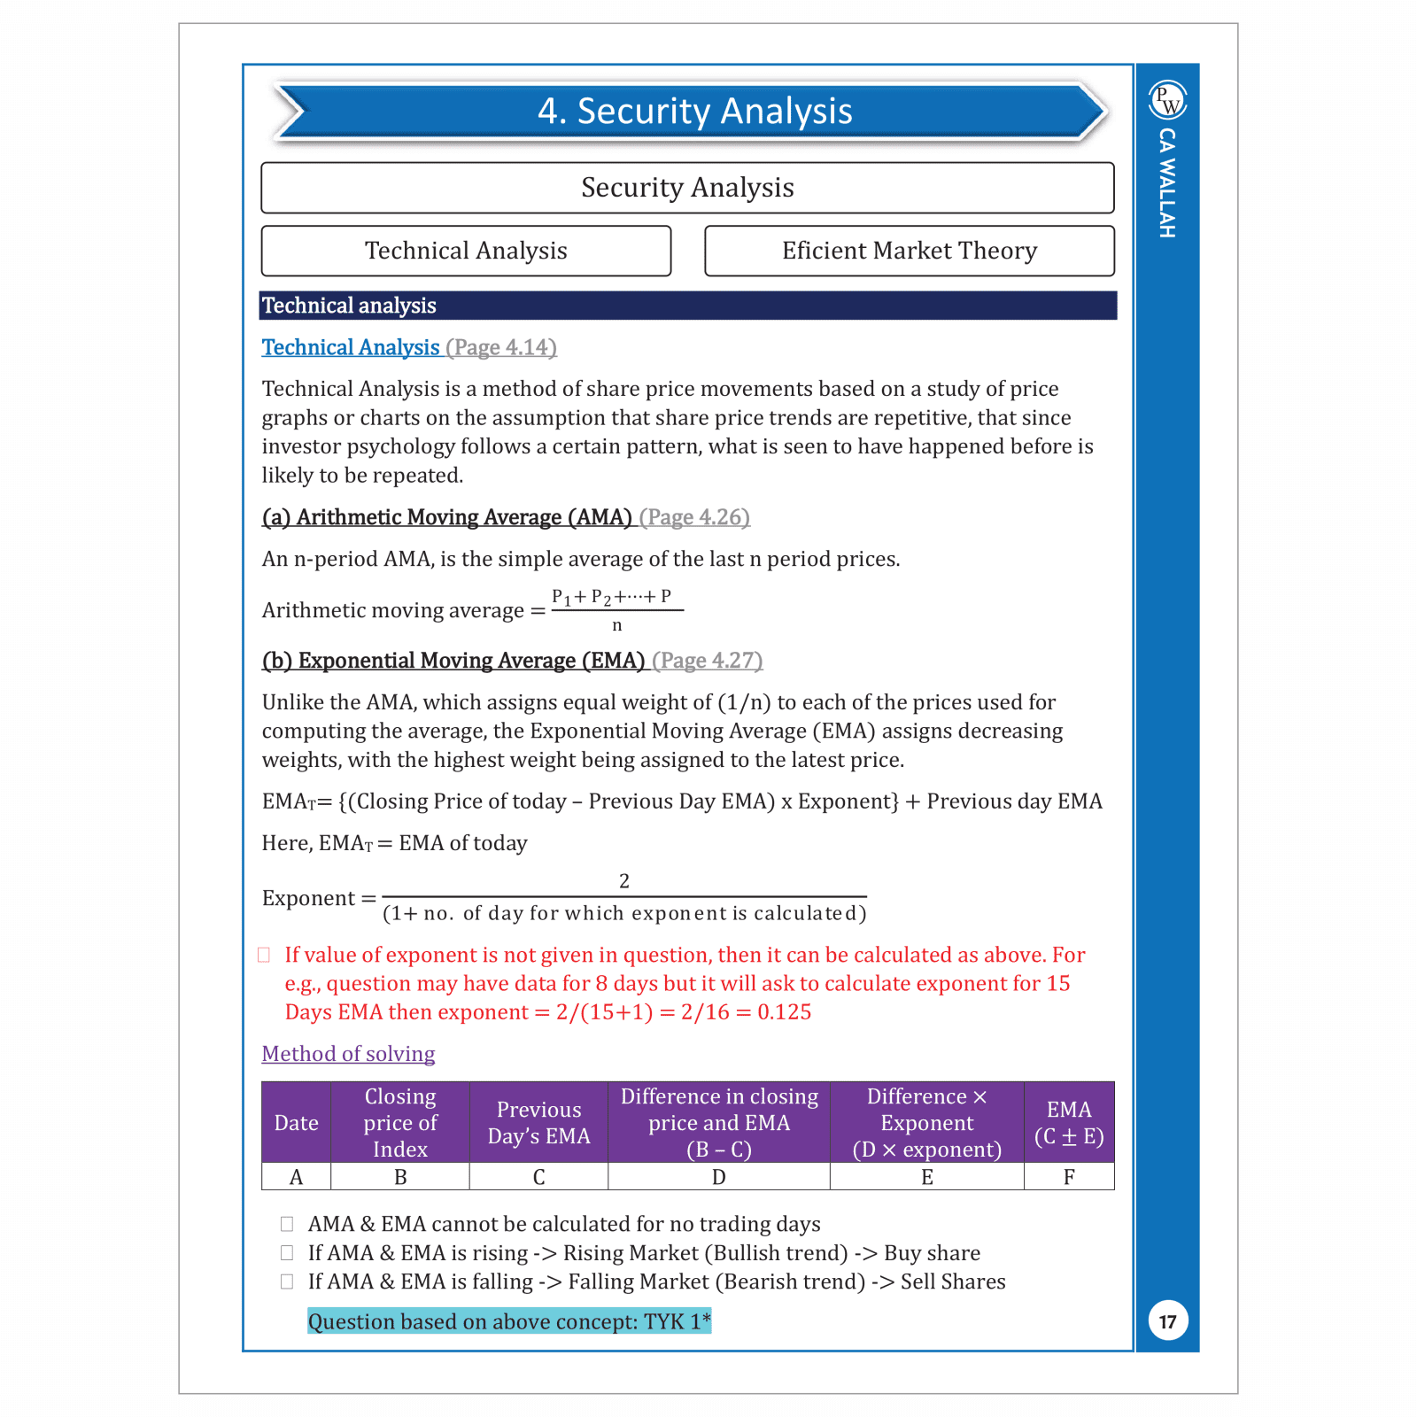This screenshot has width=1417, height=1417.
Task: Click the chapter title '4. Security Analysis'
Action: click(694, 112)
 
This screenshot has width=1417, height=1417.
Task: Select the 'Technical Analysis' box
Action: click(466, 251)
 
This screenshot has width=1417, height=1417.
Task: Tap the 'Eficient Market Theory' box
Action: click(909, 251)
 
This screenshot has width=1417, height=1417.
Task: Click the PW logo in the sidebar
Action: click(1167, 100)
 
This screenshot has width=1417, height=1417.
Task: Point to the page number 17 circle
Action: click(1167, 1321)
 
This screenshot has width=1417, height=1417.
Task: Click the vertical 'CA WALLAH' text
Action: click(1167, 182)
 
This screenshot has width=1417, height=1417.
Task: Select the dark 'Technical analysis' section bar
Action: click(687, 306)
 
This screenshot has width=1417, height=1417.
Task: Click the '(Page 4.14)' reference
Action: click(501, 347)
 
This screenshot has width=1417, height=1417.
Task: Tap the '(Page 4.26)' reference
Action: click(694, 517)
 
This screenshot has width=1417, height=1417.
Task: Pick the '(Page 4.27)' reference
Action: click(707, 661)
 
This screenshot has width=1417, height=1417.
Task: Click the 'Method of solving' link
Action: click(348, 1054)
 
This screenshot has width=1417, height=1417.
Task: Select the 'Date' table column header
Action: click(296, 1123)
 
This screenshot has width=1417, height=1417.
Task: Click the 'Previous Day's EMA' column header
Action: click(538, 1123)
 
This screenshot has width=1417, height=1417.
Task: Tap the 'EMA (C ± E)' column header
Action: click(1068, 1123)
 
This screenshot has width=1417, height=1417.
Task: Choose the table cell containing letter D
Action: click(718, 1177)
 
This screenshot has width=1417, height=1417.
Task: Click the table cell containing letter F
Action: click(1068, 1177)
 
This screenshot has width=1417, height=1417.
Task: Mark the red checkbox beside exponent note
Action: click(264, 955)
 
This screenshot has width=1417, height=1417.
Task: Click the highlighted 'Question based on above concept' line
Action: click(508, 1321)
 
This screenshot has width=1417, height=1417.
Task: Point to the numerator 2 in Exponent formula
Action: click(624, 881)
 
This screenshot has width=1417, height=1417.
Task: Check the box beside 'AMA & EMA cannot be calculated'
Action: click(287, 1224)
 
